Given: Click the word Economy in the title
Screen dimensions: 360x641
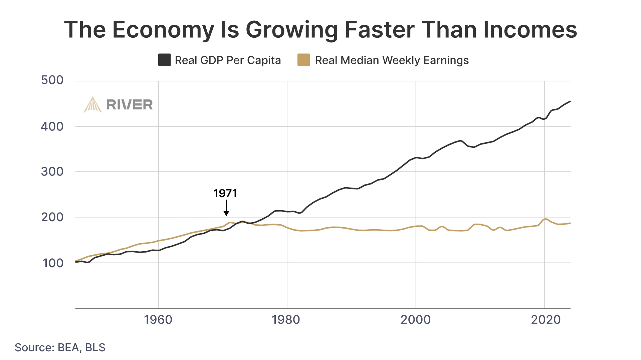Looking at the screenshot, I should [163, 30].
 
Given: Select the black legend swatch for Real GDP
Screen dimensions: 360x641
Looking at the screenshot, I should [164, 60].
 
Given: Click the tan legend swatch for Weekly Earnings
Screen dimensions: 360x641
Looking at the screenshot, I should [303, 60].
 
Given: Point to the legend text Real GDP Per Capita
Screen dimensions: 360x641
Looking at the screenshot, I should [228, 60].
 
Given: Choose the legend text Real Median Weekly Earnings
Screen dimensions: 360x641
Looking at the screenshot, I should [392, 60].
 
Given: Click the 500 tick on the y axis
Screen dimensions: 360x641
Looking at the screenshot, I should [52, 80].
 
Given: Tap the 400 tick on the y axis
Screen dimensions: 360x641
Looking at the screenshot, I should [52, 126].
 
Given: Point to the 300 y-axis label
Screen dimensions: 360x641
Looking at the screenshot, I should [52, 171].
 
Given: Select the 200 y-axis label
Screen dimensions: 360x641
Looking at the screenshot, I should [52, 217].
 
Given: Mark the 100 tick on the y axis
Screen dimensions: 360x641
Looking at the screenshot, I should [53, 263].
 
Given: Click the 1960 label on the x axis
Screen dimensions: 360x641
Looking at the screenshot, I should [158, 320].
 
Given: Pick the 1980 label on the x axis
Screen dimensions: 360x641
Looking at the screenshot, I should [286, 320].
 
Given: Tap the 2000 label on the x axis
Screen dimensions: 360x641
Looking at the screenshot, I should [415, 320].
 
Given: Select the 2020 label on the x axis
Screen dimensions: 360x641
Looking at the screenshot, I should [546, 320].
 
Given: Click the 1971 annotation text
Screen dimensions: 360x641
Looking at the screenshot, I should [225, 194].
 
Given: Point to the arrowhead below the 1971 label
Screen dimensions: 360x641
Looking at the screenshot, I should [226, 213].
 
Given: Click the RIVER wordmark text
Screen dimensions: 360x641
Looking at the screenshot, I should [129, 105].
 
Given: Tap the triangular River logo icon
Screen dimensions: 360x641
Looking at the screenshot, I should [92, 105].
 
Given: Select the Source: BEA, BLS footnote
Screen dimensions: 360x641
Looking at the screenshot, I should [60, 347].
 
